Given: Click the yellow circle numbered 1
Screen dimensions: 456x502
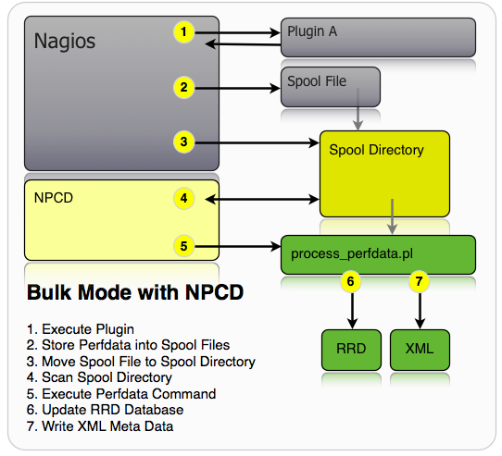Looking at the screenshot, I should point(185,32).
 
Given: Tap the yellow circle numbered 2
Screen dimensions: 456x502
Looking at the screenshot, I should point(185,88).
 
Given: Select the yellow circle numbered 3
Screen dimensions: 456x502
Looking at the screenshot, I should point(185,142).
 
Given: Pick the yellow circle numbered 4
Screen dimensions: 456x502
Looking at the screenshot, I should point(185,198).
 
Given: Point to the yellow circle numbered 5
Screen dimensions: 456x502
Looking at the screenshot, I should point(185,246).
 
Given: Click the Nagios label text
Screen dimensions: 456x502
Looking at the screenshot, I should point(64,42).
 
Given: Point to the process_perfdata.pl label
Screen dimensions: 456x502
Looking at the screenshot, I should point(347,253).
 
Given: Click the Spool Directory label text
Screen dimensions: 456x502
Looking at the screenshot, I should point(376,150).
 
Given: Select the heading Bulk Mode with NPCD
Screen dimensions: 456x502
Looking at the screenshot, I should point(134,294).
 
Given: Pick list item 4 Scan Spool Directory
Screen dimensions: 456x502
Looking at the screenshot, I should point(101,377).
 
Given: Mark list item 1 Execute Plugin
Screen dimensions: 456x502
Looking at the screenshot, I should point(81,329).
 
